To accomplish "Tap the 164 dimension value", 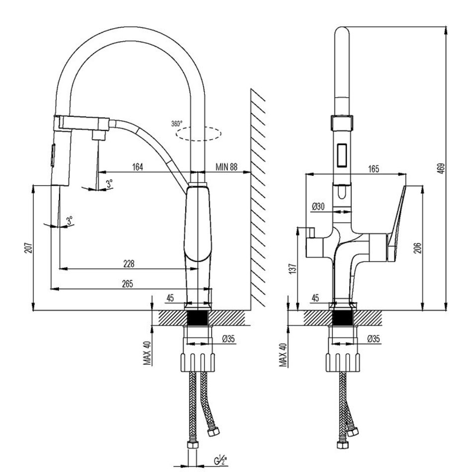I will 138,167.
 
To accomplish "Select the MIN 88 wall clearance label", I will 227,167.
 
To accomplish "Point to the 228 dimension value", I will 128,263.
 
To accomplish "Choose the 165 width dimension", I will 373,169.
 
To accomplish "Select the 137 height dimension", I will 293,268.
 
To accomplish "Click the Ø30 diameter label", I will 318,206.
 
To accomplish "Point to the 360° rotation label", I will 177,123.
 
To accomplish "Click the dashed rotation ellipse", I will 199,133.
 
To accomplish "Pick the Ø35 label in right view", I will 373,338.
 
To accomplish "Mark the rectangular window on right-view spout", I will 342,154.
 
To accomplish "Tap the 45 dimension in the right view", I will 315,298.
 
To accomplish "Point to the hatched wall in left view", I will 257,199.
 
